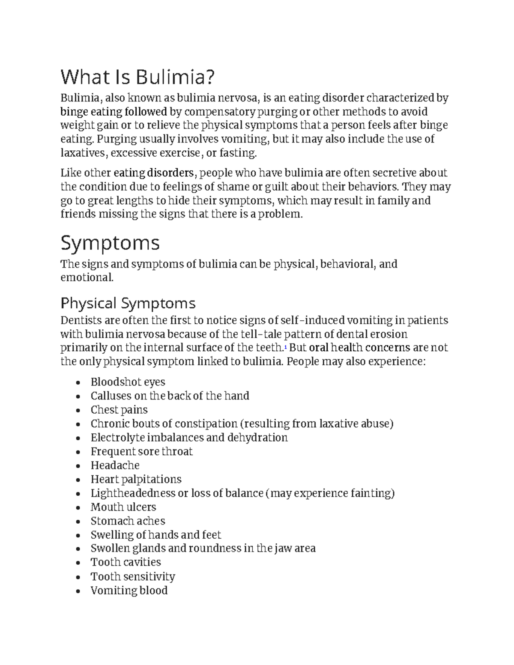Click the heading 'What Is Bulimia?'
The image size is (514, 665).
[x=137, y=78]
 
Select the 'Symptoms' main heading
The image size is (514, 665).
[x=110, y=243]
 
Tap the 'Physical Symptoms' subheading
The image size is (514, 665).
[x=128, y=303]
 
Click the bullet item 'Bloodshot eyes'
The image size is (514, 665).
[x=128, y=382]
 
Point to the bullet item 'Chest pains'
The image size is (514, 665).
[x=119, y=410]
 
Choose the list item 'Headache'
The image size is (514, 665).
[x=115, y=465]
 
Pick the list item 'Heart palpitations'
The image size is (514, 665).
[x=136, y=479]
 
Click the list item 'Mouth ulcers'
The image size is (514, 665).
[x=123, y=507]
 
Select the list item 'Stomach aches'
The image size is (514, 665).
[x=128, y=521]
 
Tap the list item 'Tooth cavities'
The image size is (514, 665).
[x=126, y=562]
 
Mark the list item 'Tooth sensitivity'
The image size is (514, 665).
[x=133, y=577]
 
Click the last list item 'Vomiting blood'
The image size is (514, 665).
[x=129, y=591]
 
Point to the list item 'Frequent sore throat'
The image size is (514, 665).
[x=141, y=452]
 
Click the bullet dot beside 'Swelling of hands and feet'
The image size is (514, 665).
[x=78, y=536]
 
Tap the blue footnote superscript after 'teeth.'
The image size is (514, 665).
[x=286, y=346]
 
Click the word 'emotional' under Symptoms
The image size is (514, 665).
[x=87, y=277]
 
